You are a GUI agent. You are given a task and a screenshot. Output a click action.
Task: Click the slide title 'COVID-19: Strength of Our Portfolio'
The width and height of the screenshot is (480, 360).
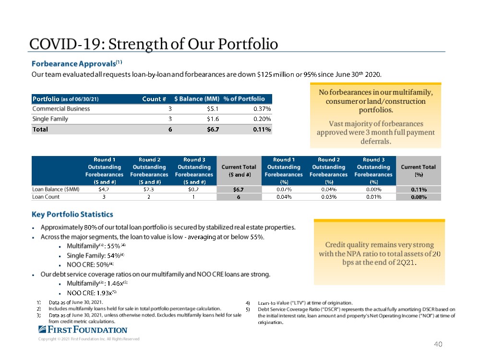tap(154, 44)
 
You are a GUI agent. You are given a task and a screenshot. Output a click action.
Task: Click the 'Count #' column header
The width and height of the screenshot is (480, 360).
tap(154, 99)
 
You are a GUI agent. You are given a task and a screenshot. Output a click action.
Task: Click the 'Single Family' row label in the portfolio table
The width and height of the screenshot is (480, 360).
tap(50, 119)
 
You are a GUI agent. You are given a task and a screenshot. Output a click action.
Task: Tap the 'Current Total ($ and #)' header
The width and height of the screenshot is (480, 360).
tap(239, 170)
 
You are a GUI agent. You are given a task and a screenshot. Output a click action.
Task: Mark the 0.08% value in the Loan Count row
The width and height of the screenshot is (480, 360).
tap(418, 197)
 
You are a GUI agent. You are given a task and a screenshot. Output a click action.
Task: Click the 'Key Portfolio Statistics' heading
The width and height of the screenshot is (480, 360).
tap(72, 215)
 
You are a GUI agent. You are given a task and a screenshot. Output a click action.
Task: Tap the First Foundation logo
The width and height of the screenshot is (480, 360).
tap(83, 330)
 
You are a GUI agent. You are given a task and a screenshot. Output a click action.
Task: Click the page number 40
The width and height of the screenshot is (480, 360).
tap(437, 344)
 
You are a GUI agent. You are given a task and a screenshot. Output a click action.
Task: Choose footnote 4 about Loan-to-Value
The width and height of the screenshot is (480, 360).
tap(305, 303)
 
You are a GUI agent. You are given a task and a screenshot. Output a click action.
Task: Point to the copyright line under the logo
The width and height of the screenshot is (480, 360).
tap(89, 339)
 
